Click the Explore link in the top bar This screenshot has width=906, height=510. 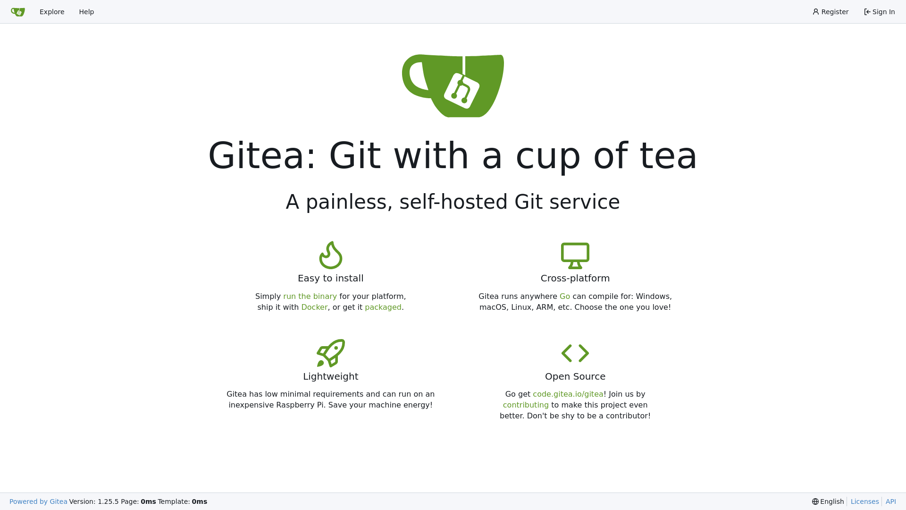click(52, 12)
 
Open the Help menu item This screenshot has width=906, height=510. click(86, 12)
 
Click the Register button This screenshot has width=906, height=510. click(830, 12)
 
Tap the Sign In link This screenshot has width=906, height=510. click(880, 12)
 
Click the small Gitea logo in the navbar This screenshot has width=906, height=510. click(18, 12)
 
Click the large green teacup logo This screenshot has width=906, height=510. click(453, 85)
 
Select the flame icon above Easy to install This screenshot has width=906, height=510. click(331, 255)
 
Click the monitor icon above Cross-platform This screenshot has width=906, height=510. click(575, 255)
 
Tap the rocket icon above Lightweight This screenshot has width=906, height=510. click(331, 353)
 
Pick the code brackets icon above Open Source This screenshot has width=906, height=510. click(575, 353)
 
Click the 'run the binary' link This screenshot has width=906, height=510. click(310, 296)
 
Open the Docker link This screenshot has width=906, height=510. click(314, 307)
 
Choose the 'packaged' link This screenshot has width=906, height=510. click(383, 307)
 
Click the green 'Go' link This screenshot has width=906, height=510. click(565, 296)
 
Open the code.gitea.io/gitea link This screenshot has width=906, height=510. click(568, 394)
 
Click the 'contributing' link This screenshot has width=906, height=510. click(526, 405)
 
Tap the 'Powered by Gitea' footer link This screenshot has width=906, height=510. click(38, 501)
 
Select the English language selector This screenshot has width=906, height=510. click(828, 501)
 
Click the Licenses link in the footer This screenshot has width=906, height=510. click(864, 501)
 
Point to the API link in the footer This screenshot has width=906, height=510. click(891, 501)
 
